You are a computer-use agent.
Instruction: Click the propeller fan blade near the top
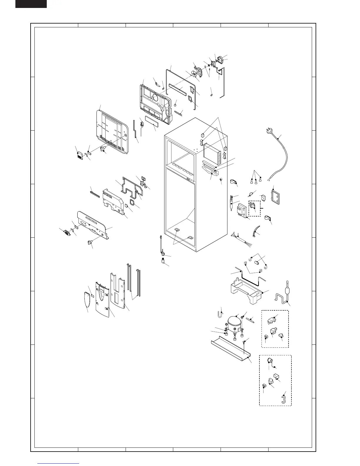194,74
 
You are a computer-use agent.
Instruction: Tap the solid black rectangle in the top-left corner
31,4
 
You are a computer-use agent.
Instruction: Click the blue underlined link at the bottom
59,464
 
